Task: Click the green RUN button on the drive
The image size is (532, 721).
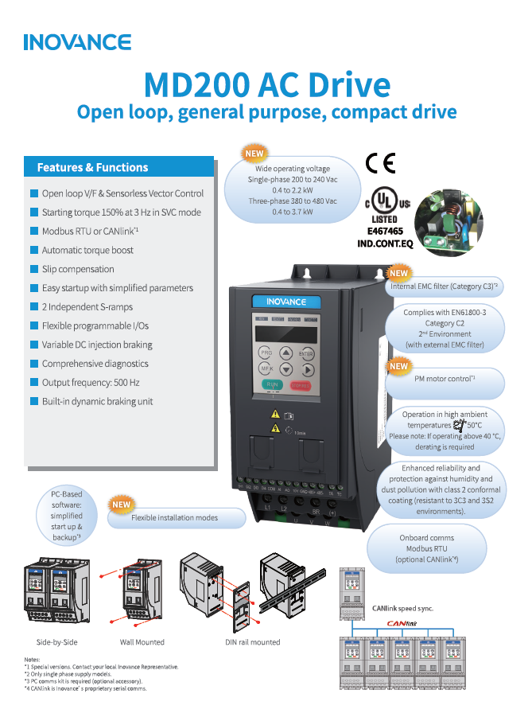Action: point(273,385)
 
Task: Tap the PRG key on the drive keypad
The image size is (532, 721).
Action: point(266,351)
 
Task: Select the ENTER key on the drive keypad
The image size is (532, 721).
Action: point(305,353)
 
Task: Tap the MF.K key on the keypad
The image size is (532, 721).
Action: point(266,368)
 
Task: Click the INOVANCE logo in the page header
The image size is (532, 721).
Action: point(77,42)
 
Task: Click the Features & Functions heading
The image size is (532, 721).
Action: point(92,168)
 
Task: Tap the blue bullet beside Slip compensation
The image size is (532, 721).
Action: point(34,270)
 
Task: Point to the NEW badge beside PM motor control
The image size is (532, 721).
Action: point(398,366)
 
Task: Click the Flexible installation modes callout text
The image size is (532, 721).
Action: point(174,518)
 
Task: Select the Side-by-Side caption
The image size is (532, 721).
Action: point(57,641)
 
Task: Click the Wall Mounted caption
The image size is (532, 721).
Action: point(143,641)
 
